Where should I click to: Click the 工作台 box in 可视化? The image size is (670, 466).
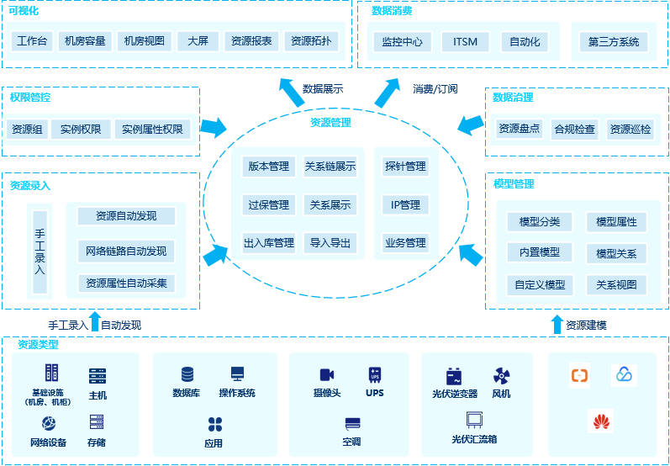coord(33,41)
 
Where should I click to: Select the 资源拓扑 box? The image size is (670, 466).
coord(312,41)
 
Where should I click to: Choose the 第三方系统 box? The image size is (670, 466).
coord(613,41)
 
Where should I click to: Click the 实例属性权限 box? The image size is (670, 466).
coord(152,130)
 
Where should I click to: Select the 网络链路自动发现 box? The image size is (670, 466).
coord(126,251)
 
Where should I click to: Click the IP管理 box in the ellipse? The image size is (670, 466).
coord(405,204)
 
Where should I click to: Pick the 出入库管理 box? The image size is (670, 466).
coord(269,243)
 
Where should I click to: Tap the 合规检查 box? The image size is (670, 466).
coord(574,130)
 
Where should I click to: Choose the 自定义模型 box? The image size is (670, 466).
coord(540,284)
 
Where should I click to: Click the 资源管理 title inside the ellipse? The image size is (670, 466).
coord(330,123)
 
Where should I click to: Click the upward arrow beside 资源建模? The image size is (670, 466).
coord(556,325)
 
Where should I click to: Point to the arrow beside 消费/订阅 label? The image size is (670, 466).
coord(388,92)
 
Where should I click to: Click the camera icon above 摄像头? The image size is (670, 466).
coord(327,374)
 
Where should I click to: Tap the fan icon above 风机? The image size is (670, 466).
coord(502,374)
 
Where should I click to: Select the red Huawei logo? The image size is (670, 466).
coord(600,421)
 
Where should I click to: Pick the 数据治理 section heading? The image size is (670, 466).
coord(513,98)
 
